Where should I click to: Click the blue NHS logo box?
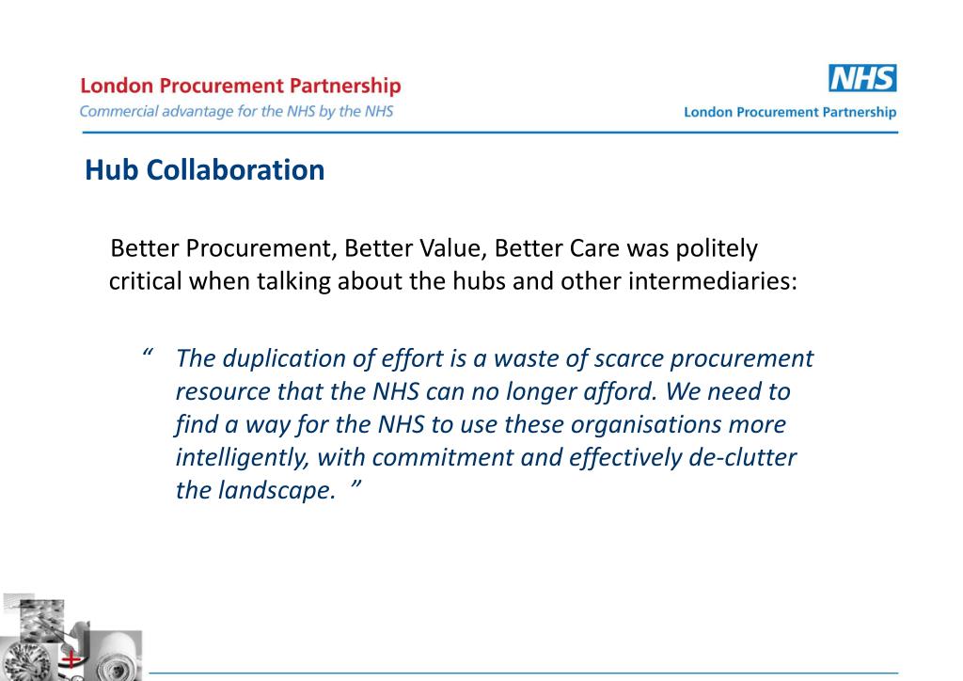tap(862, 78)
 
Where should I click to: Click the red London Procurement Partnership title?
tap(241, 86)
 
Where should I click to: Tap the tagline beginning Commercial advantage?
tap(236, 111)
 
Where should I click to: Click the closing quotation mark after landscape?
tap(357, 489)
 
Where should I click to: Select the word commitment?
tap(439, 458)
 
